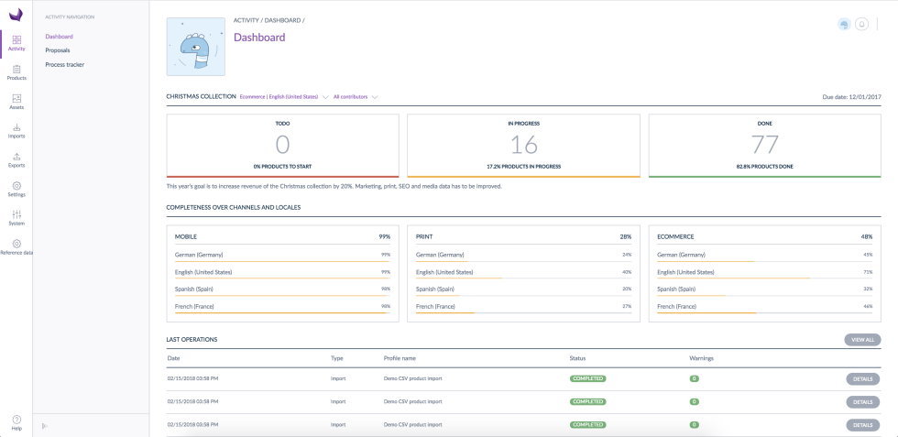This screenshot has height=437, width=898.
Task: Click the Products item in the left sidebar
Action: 16,72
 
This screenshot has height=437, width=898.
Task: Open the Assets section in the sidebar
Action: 16,101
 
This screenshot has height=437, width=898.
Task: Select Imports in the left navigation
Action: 16,130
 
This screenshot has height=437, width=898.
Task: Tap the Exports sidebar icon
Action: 16,159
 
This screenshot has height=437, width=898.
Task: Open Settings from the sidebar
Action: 16,189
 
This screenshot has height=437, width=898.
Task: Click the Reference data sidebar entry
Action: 16,246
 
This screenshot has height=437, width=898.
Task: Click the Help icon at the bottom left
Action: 16,422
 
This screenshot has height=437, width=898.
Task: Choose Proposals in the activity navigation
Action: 58,50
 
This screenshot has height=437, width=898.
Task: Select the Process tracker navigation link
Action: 64,64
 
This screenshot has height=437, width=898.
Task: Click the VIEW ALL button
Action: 862,340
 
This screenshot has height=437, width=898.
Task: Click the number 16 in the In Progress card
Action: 523,145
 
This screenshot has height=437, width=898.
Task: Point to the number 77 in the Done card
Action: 764,145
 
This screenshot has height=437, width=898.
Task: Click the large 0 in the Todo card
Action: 282,145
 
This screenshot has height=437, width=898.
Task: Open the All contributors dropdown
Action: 356,96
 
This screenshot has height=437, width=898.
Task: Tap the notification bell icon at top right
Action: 862,24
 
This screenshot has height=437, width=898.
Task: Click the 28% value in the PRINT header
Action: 625,236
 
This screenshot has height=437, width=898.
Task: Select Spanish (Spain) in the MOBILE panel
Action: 198,289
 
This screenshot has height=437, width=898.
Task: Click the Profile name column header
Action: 400,358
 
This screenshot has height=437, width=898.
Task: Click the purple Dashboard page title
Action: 259,38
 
